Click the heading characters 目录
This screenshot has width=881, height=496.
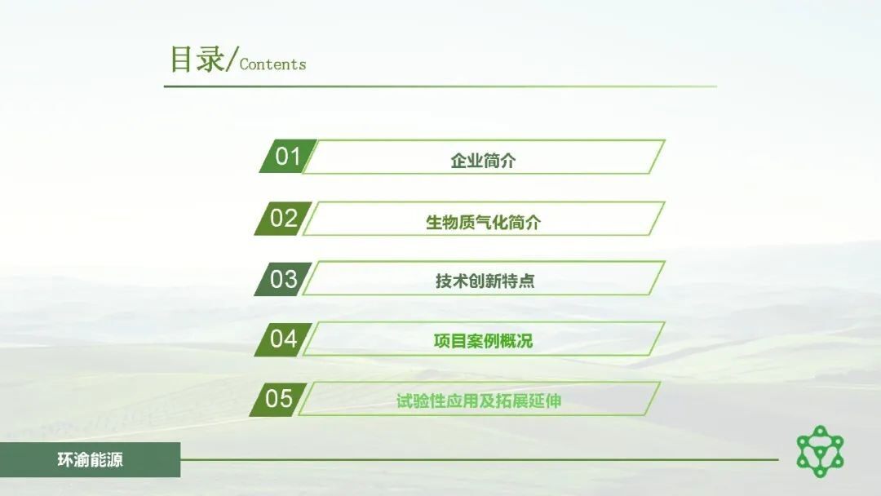coord(197,59)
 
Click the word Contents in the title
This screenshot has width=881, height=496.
coord(272,64)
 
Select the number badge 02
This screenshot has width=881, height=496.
coord(283,218)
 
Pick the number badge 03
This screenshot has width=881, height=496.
coord(283,279)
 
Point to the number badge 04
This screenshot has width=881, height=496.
coord(283,339)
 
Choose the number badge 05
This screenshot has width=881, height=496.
coord(279,399)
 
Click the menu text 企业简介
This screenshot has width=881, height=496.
coord(483,161)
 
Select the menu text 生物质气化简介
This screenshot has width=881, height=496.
coord(483,223)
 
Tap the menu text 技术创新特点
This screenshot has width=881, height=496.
coord(485,281)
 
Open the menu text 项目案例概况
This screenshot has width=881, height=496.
coord(483,340)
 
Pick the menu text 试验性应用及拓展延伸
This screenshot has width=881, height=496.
coord(479,401)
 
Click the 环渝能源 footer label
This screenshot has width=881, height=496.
coord(90,460)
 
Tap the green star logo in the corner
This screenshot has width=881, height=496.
coord(821,452)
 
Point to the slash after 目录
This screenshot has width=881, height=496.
coord(231,59)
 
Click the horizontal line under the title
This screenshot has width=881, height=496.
coord(440,86)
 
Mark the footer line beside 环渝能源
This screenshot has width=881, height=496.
coord(480,459)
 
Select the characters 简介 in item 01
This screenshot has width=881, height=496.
coord(499,161)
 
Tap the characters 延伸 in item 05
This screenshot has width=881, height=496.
coord(545,401)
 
